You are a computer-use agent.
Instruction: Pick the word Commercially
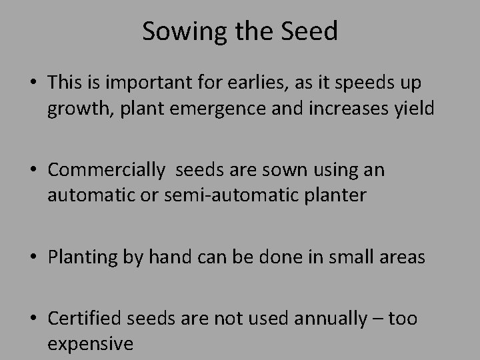(x=106, y=171)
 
